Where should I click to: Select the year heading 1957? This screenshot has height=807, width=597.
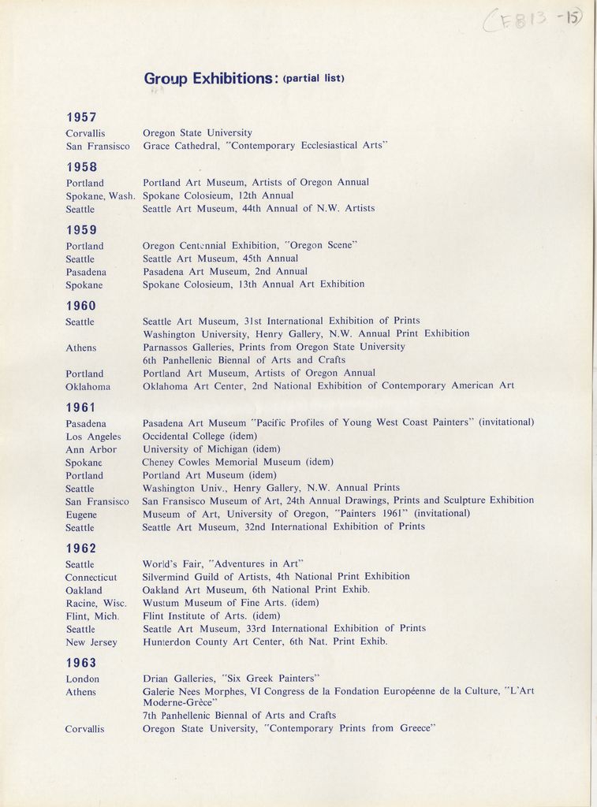[81, 117]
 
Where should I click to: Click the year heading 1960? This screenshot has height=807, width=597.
[81, 306]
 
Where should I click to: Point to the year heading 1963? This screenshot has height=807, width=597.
[81, 663]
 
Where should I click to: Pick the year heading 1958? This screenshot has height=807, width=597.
[81, 167]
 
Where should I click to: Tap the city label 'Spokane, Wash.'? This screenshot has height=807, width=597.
[100, 195]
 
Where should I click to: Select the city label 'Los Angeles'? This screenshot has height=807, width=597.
[93, 437]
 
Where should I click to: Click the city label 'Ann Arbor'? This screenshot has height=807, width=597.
[91, 450]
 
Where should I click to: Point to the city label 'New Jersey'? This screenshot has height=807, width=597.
[91, 642]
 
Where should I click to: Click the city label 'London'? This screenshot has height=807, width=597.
[82, 679]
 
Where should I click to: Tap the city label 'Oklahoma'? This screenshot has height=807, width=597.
[88, 387]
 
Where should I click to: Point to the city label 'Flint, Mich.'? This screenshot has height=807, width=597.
[92, 616]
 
